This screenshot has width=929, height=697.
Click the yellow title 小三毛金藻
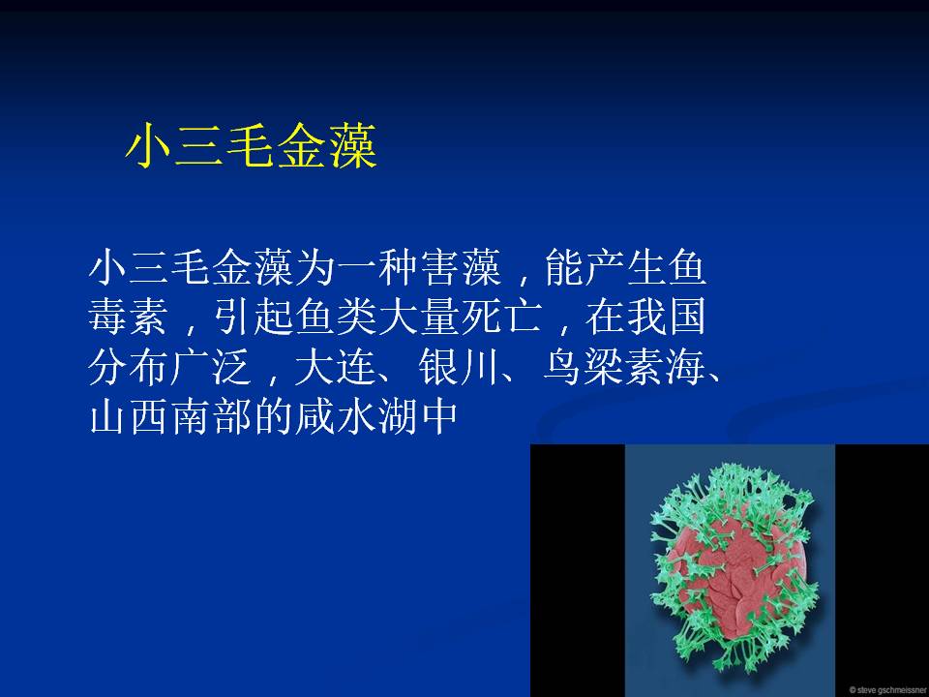click(x=252, y=146)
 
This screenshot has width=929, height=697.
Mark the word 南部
click(x=211, y=417)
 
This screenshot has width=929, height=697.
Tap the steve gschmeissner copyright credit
click(x=888, y=690)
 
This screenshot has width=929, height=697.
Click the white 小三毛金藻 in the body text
click(x=191, y=267)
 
